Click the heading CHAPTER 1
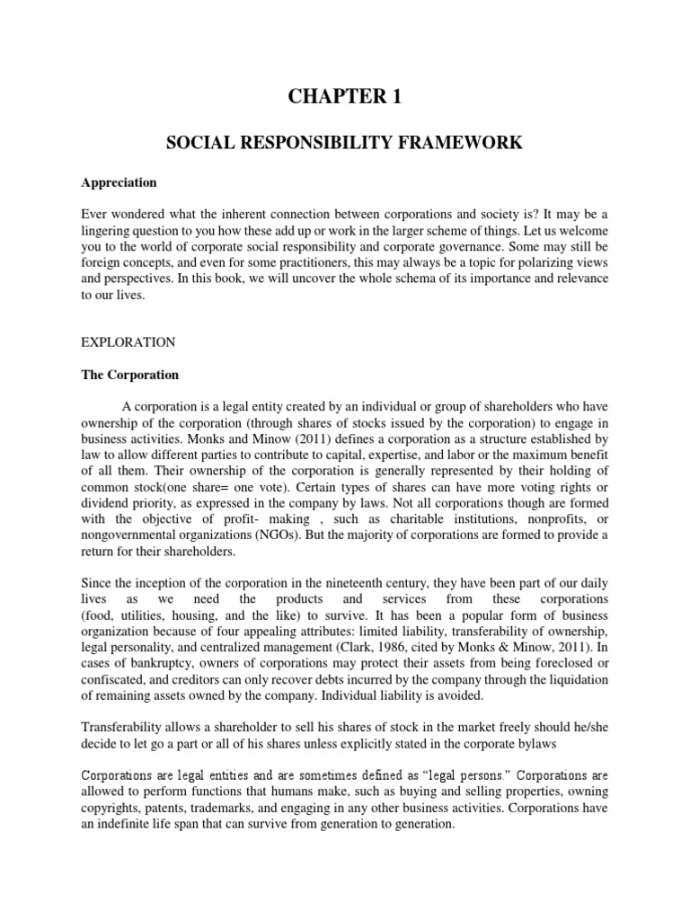click(x=344, y=97)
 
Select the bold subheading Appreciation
click(x=119, y=182)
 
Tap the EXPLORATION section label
click(x=128, y=342)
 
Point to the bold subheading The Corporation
click(x=130, y=375)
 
